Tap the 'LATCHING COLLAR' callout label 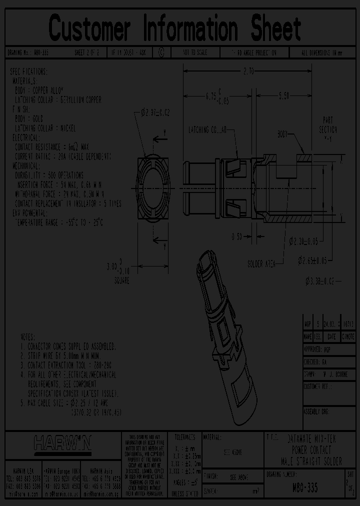tap(207, 130)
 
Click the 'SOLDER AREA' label tap(261, 263)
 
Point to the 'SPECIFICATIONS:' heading tap(28, 71)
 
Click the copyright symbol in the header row tap(161, 52)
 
